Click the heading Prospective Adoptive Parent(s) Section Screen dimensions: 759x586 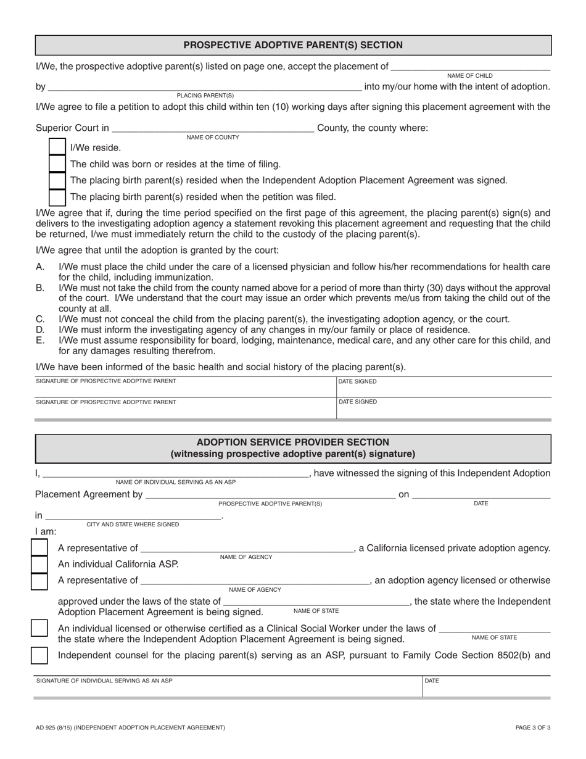[293, 45]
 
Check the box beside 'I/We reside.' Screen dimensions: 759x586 [57, 147]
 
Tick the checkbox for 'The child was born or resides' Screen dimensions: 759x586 [57, 164]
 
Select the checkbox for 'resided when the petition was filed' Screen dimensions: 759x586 [57, 197]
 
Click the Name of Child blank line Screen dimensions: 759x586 [471, 67]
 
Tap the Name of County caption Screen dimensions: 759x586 [213, 138]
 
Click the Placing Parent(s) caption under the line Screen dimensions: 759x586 [205, 96]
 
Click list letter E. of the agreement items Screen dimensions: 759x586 [41, 340]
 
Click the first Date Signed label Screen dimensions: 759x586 [358, 381]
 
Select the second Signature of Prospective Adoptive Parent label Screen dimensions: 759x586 [106, 402]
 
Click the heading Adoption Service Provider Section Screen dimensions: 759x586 [293, 442]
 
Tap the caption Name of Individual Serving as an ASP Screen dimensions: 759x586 [176, 482]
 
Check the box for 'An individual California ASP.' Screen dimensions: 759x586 [39, 564]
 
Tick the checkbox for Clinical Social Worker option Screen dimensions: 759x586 [39, 629]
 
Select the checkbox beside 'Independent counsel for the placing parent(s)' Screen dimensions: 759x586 [39, 655]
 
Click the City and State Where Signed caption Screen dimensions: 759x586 [133, 524]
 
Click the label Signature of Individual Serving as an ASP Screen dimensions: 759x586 [105, 681]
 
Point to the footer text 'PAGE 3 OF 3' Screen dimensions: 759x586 [533, 728]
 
